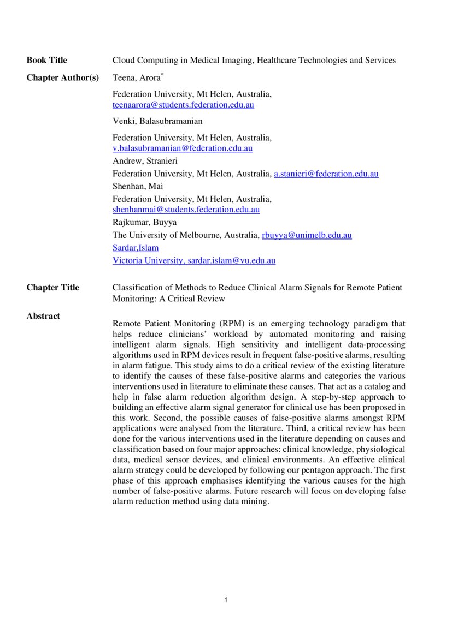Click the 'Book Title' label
coord(47,61)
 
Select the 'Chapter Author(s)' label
coord(63,78)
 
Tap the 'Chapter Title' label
coord(52,288)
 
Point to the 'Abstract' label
coord(43,316)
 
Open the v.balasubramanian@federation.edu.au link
coord(183,148)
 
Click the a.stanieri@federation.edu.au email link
coord(326,174)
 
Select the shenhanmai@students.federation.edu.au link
coord(186,209)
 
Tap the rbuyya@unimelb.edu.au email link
coord(307,235)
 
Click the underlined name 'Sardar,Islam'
coord(136,248)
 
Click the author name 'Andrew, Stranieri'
coord(145,161)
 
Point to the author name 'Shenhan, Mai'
coord(134,187)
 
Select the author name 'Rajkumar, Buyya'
coord(144,223)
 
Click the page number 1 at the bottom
coord(226,600)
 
